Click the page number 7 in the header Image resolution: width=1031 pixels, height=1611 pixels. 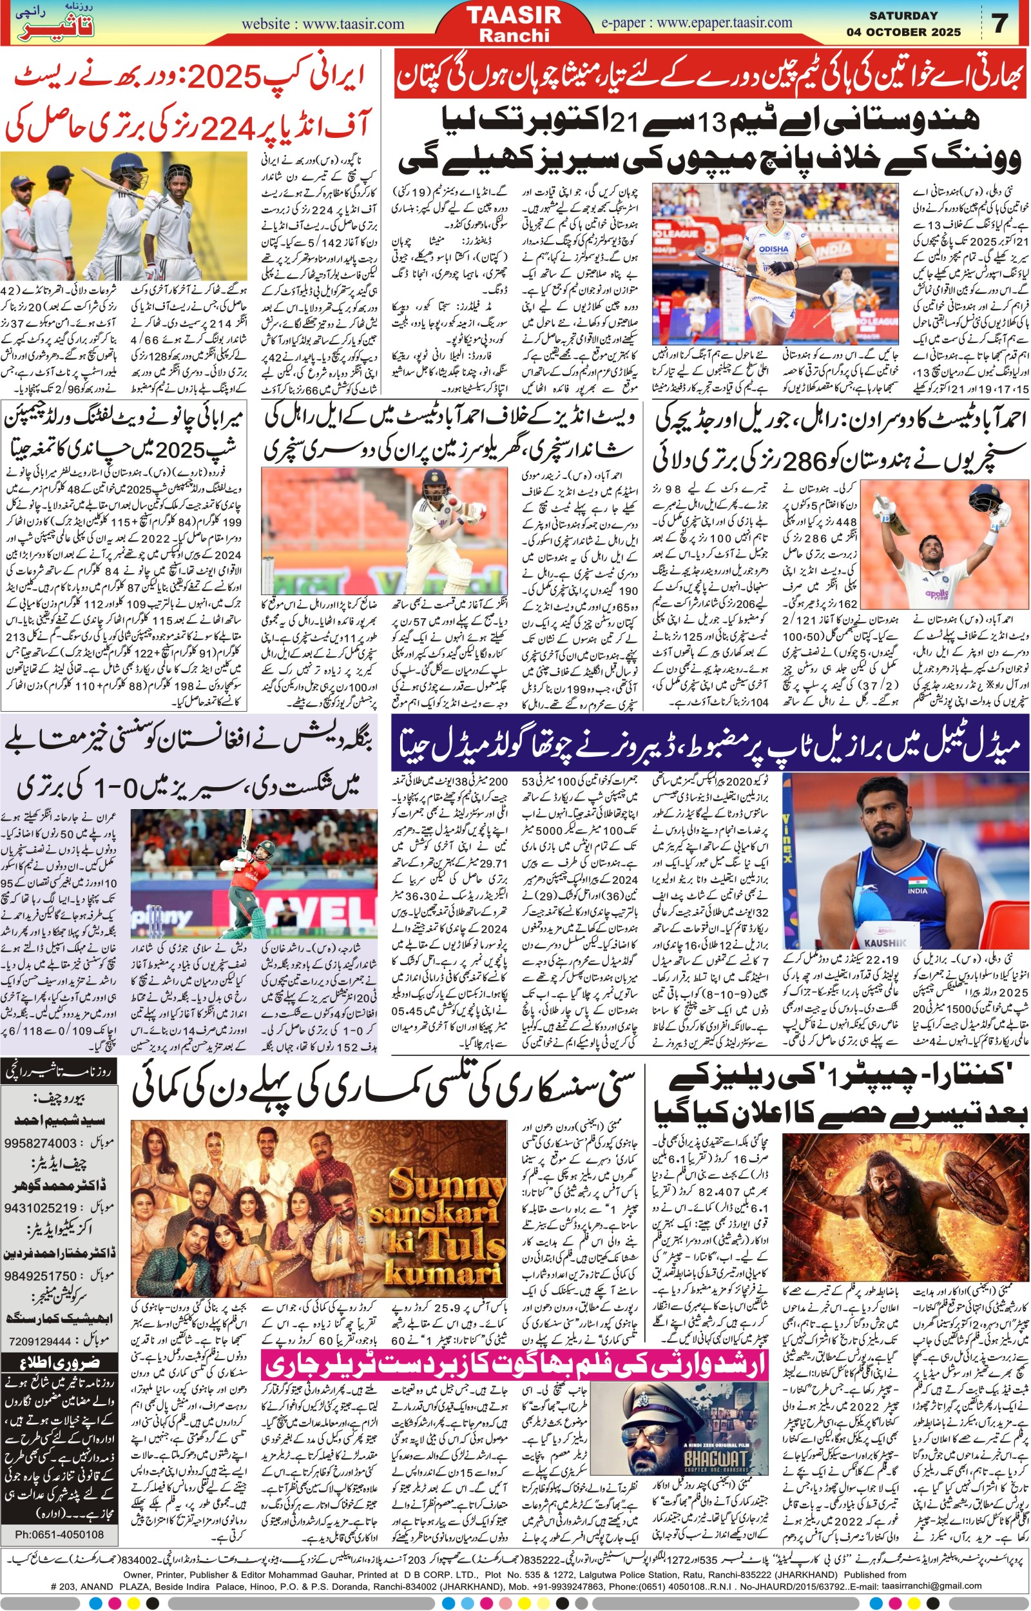point(1000,23)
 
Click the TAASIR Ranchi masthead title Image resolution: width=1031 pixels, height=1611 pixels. point(514,24)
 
